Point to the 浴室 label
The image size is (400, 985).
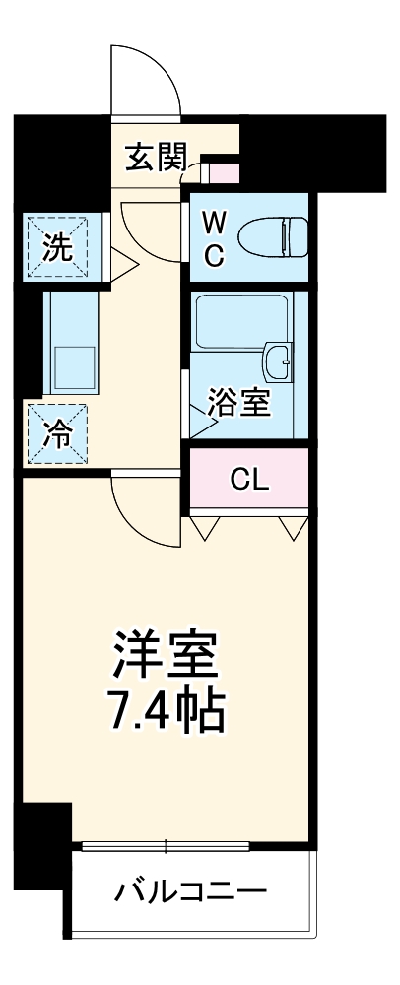pyautogui.click(x=238, y=403)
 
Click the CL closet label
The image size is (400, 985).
pyautogui.click(x=248, y=480)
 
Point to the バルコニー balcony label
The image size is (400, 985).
pyautogui.click(x=191, y=893)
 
